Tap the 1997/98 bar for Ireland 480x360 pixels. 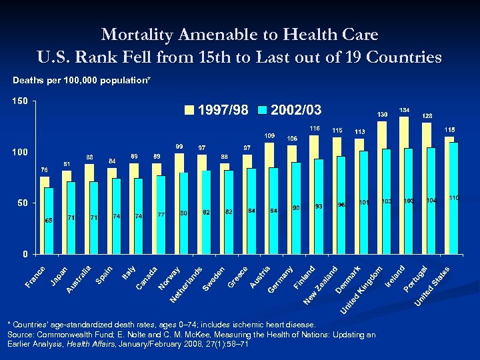point(404,185)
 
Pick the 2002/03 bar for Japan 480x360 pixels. point(71,217)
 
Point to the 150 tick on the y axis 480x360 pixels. point(19,101)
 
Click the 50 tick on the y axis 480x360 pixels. point(22,203)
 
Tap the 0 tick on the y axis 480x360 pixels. point(25,253)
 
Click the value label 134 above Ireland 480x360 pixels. point(404,109)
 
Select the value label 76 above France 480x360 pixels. point(44,169)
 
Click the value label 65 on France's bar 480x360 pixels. point(49,220)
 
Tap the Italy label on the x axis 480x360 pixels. point(129,272)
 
